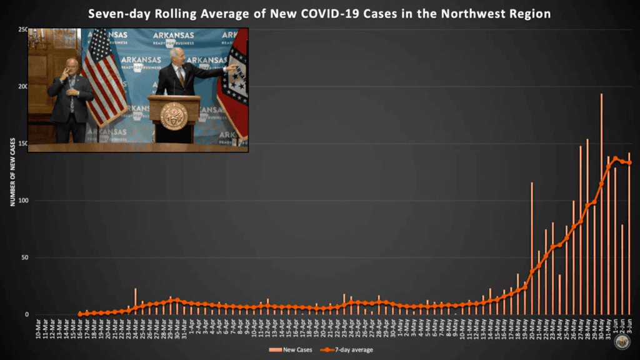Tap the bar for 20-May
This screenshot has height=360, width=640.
[532, 250]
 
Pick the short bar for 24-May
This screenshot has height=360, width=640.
[560, 294]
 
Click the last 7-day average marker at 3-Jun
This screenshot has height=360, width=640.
[629, 162]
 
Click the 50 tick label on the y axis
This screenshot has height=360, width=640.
[24, 257]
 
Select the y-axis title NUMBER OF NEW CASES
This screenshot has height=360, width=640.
[12, 172]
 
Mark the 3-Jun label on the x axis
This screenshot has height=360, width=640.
[629, 326]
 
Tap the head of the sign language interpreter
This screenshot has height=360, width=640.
[71, 66]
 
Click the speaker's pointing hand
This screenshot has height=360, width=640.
[232, 67]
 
